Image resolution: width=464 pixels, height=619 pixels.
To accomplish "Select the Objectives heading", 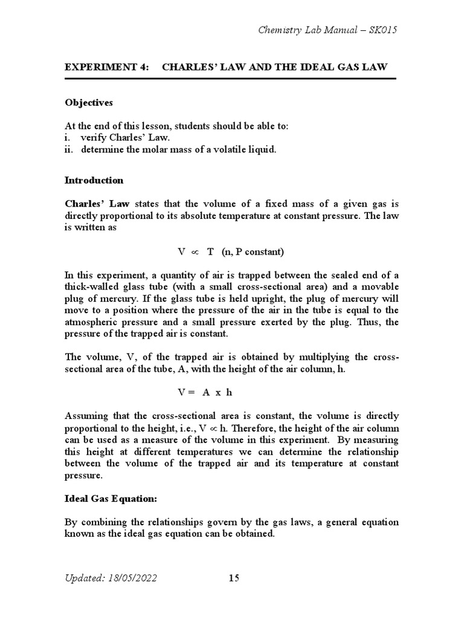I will (89, 102).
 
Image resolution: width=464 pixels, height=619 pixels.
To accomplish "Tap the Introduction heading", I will (94, 180).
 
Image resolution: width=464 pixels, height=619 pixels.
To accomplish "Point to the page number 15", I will (234, 578).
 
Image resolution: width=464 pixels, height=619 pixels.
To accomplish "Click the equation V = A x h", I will (205, 392).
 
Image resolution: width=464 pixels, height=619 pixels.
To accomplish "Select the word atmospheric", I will (92, 322).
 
